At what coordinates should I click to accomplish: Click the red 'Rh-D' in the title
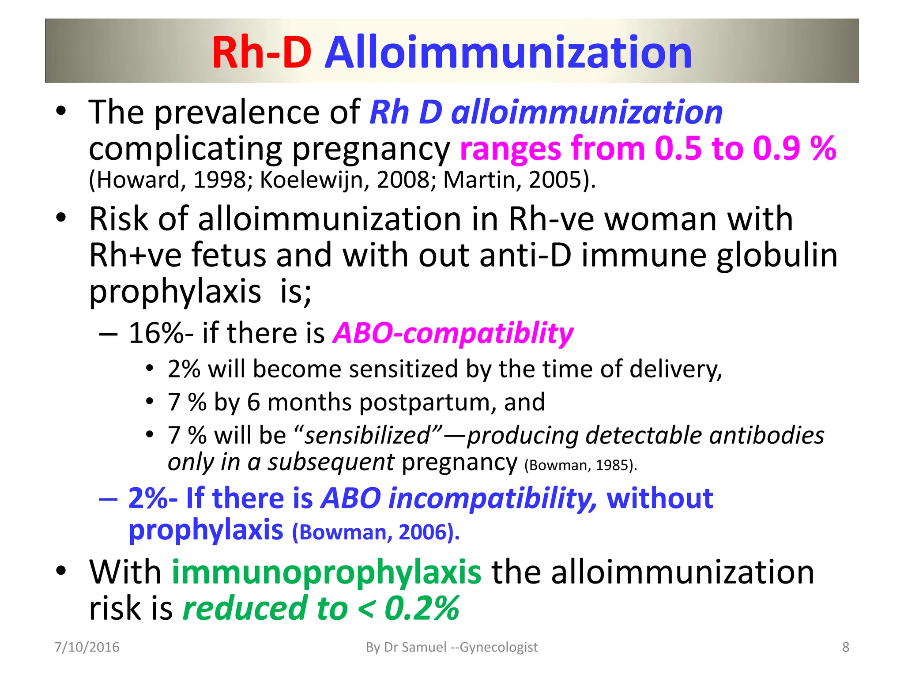pyautogui.click(x=261, y=53)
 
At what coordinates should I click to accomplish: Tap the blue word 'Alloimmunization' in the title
pyautogui.click(x=508, y=53)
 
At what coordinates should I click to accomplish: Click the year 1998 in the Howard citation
pyautogui.click(x=219, y=180)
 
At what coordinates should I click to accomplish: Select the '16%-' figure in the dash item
pyautogui.click(x=161, y=333)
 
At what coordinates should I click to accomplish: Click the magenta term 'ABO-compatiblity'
pyautogui.click(x=453, y=334)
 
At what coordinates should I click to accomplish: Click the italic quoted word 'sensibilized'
pyautogui.click(x=367, y=435)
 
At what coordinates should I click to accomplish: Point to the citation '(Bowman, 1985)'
pyautogui.click(x=580, y=465)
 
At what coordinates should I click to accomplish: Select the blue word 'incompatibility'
pyautogui.click(x=492, y=499)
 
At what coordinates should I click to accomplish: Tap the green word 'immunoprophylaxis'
pyautogui.click(x=326, y=573)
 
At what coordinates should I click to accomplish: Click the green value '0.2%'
pyautogui.click(x=422, y=608)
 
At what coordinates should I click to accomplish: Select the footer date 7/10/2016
pyautogui.click(x=87, y=647)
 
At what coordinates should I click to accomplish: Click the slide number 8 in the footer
pyautogui.click(x=846, y=647)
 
